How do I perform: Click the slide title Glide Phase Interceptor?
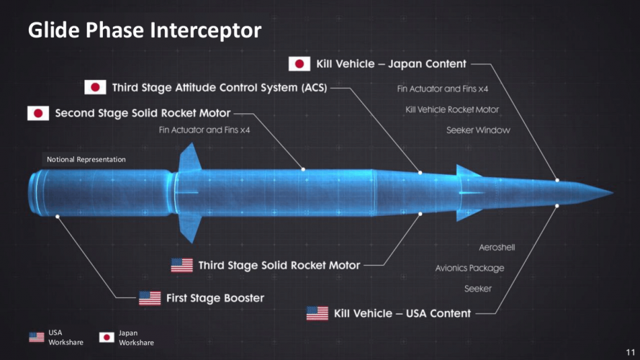click(144, 31)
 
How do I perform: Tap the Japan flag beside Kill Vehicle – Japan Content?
click(299, 64)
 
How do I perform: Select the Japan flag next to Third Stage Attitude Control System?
click(95, 88)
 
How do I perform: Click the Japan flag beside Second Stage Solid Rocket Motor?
click(38, 113)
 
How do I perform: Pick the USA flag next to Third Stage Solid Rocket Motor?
click(181, 265)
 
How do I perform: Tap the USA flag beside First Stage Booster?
click(150, 298)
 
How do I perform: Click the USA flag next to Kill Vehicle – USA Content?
click(317, 313)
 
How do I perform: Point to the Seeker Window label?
click(478, 130)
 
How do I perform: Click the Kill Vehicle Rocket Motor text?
click(452, 109)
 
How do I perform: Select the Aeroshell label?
click(497, 248)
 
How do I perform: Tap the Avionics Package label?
click(469, 269)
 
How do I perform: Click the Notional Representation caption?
click(86, 159)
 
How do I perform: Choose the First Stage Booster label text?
click(215, 298)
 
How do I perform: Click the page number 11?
click(630, 350)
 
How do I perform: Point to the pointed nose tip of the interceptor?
click(611, 193)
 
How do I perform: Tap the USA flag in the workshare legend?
click(37, 337)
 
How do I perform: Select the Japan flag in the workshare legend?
click(107, 337)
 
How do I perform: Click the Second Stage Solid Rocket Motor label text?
click(143, 113)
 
